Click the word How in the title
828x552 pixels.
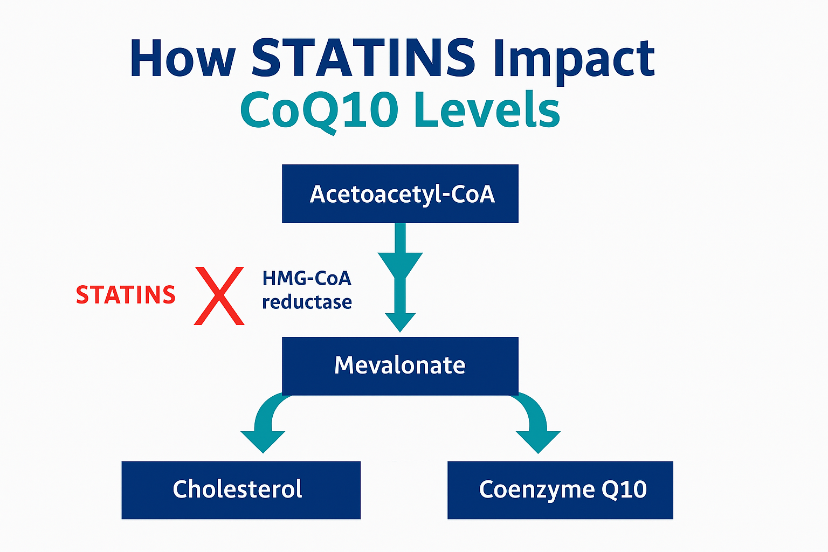click(x=183, y=58)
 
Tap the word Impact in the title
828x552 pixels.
click(x=574, y=61)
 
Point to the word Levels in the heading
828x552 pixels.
click(x=487, y=109)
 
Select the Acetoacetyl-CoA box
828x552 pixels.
click(x=400, y=194)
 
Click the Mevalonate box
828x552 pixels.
click(x=400, y=365)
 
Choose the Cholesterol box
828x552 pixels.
click(x=241, y=490)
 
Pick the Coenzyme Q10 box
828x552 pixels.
click(x=560, y=490)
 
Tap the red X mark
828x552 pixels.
click(x=219, y=296)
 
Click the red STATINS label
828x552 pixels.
click(x=126, y=295)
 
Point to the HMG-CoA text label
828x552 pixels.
click(x=307, y=278)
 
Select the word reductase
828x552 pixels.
click(x=307, y=302)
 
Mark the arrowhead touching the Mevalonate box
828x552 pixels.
click(x=401, y=322)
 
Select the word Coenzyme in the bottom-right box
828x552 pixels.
click(x=537, y=490)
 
